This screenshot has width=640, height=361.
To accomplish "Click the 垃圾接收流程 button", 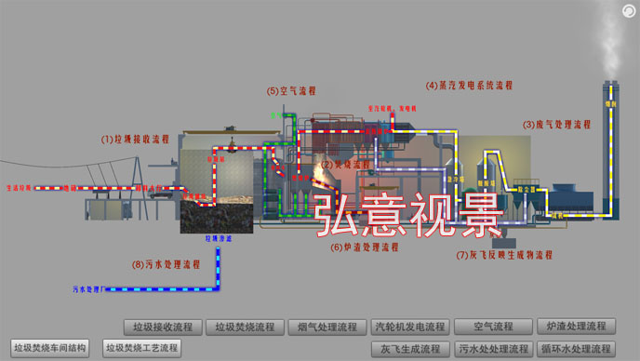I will click(164, 327).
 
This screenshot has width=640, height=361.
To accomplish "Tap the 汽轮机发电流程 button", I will click(409, 327).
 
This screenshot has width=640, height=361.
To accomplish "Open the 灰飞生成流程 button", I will click(409, 349).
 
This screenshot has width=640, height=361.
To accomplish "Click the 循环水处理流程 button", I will click(575, 349).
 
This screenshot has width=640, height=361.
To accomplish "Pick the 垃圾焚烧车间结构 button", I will click(49, 349).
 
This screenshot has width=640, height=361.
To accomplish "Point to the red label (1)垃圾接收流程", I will click(136, 139).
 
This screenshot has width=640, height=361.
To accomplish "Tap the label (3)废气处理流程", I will click(556, 124).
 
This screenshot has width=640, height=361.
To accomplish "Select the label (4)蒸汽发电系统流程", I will click(469, 85).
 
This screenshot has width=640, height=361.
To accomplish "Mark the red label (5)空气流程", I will click(291, 91).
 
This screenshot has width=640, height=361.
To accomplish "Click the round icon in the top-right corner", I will click(629, 10).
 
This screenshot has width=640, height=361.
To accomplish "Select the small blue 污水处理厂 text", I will click(86, 290).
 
